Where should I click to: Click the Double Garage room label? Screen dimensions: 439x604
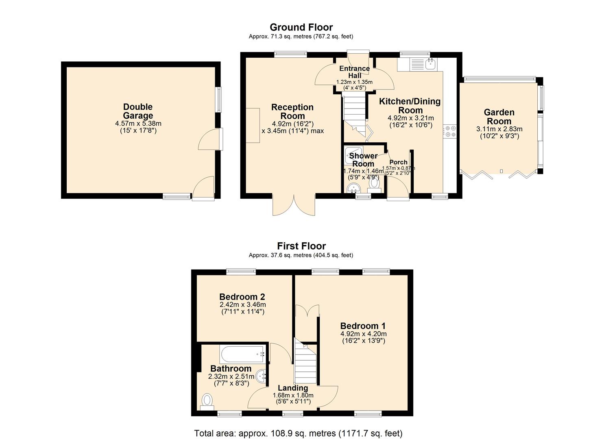coord(138,111)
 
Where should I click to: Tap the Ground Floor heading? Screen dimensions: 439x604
coord(301,27)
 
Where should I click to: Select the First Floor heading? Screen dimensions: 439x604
coord(301,246)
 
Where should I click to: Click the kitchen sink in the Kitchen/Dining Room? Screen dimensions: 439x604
coord(430,63)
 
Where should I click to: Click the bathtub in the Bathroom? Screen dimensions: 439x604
coord(242,354)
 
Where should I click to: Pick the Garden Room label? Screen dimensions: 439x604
coord(499,117)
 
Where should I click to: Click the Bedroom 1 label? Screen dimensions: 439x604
coord(363,326)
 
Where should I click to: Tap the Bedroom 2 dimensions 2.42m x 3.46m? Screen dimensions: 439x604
coord(242,304)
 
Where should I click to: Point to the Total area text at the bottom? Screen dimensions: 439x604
coord(298,433)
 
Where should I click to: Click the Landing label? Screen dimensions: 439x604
coord(292,388)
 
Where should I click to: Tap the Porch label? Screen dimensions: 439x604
coord(398,162)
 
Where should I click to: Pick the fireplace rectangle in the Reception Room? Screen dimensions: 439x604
coord(253,125)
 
